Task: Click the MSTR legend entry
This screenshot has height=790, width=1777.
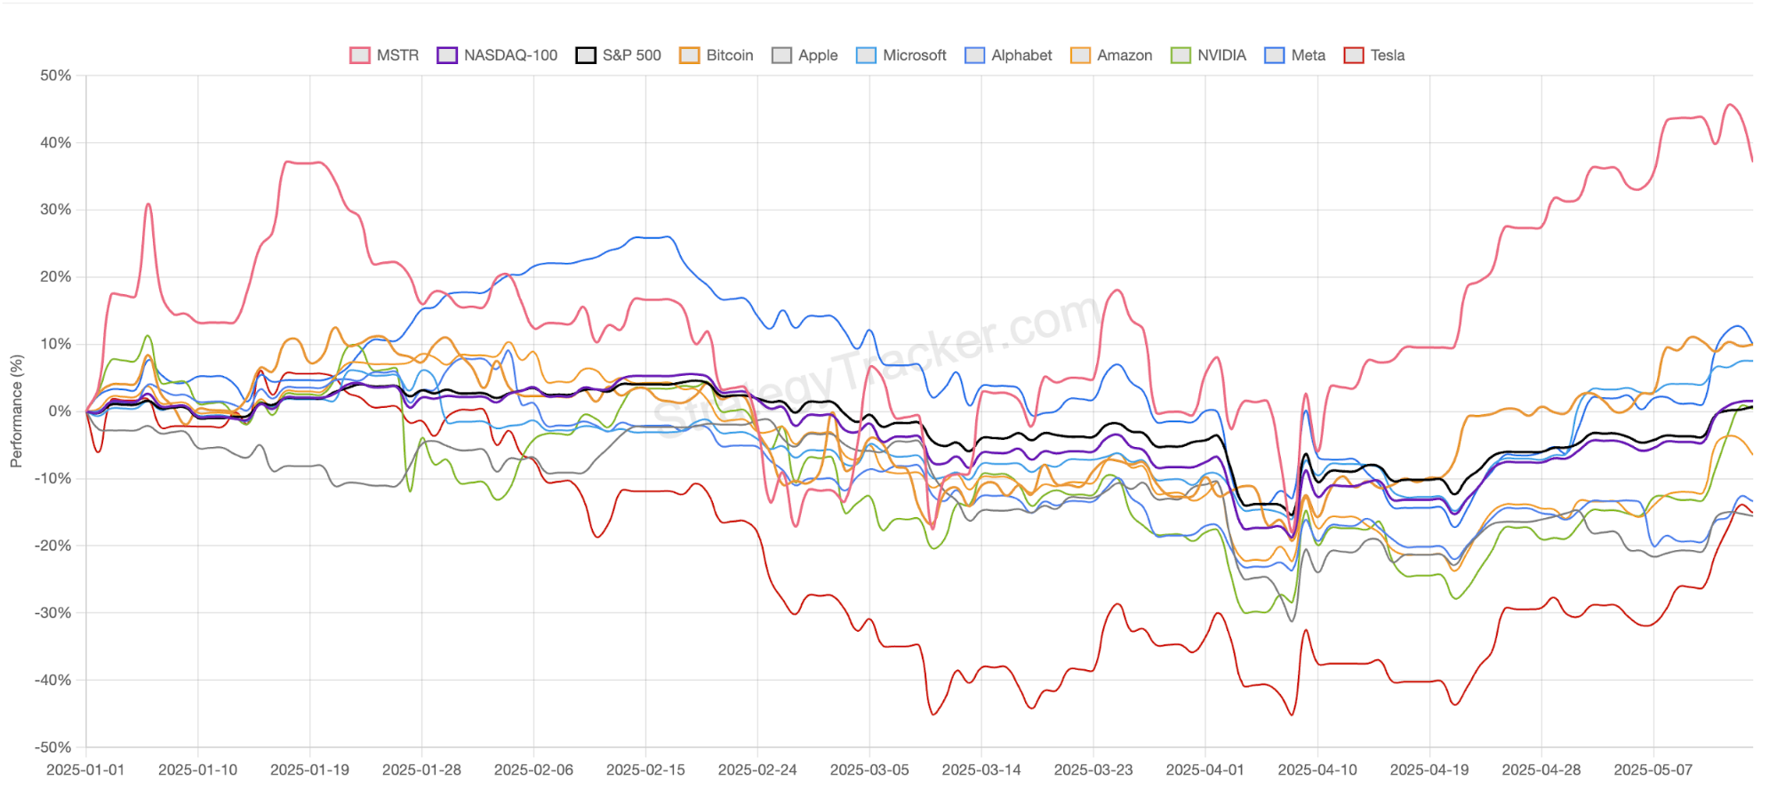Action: [384, 55]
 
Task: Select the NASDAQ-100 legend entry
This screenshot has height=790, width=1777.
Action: [497, 55]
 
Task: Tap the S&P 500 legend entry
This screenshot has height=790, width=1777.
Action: [619, 55]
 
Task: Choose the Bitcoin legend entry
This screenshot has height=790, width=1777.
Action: [716, 55]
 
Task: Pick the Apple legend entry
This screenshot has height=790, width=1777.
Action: [805, 55]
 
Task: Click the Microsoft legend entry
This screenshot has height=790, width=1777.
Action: [901, 55]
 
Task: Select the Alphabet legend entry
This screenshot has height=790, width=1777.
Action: [1009, 55]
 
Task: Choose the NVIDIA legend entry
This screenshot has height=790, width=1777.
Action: [1209, 55]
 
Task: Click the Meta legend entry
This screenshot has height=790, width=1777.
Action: [1295, 55]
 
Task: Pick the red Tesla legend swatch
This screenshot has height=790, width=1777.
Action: [1354, 55]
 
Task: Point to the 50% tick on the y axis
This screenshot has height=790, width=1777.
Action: [55, 76]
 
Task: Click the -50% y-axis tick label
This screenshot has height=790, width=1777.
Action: [53, 747]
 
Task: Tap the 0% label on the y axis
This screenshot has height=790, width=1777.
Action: [60, 411]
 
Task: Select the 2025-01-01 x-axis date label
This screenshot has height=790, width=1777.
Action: [85, 770]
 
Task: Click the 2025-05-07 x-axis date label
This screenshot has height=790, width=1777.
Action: [1653, 770]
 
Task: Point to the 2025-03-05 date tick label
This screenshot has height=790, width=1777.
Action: [869, 770]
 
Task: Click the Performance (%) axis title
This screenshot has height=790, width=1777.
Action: [16, 411]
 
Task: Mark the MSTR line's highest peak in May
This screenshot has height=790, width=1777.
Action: [1730, 105]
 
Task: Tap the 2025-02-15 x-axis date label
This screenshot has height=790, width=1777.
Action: [645, 770]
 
